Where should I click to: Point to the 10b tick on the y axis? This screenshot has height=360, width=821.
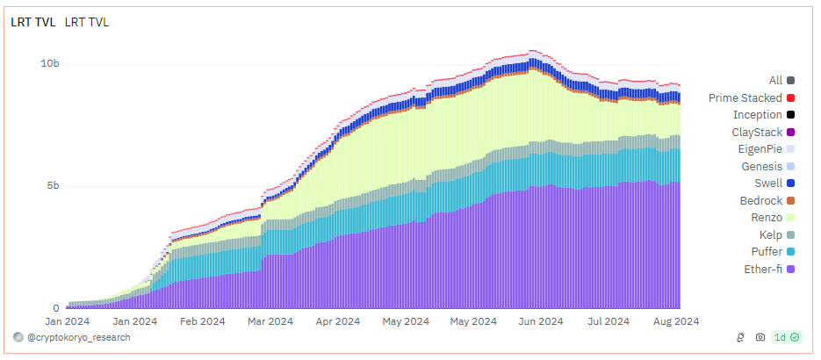point(50,64)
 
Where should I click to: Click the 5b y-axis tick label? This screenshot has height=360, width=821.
point(53,186)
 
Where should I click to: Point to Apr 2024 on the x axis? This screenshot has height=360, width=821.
point(336,321)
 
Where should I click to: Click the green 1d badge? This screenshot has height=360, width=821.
point(786,337)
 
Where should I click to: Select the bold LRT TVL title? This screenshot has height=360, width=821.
point(32,22)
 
